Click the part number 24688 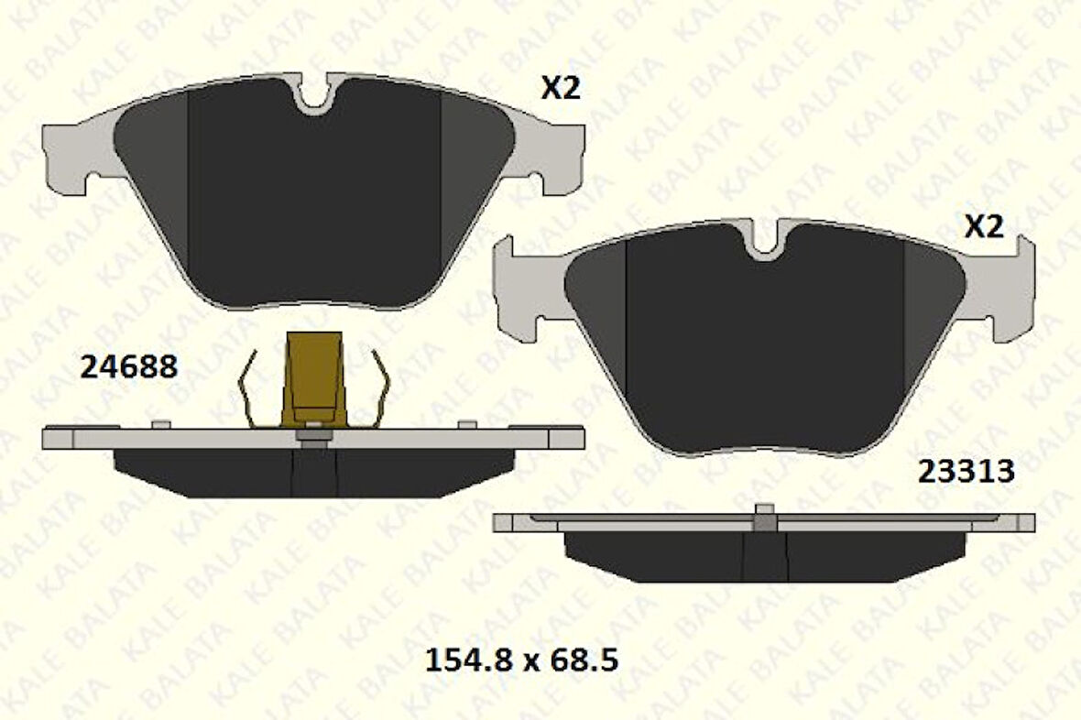[129, 367]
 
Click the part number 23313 [966, 471]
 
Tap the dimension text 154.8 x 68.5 [522, 659]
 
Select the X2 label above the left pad [561, 88]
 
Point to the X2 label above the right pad [984, 227]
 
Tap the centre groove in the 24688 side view [314, 471]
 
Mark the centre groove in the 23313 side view [765, 555]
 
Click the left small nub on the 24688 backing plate [160, 423]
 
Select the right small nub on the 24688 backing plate [467, 423]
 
